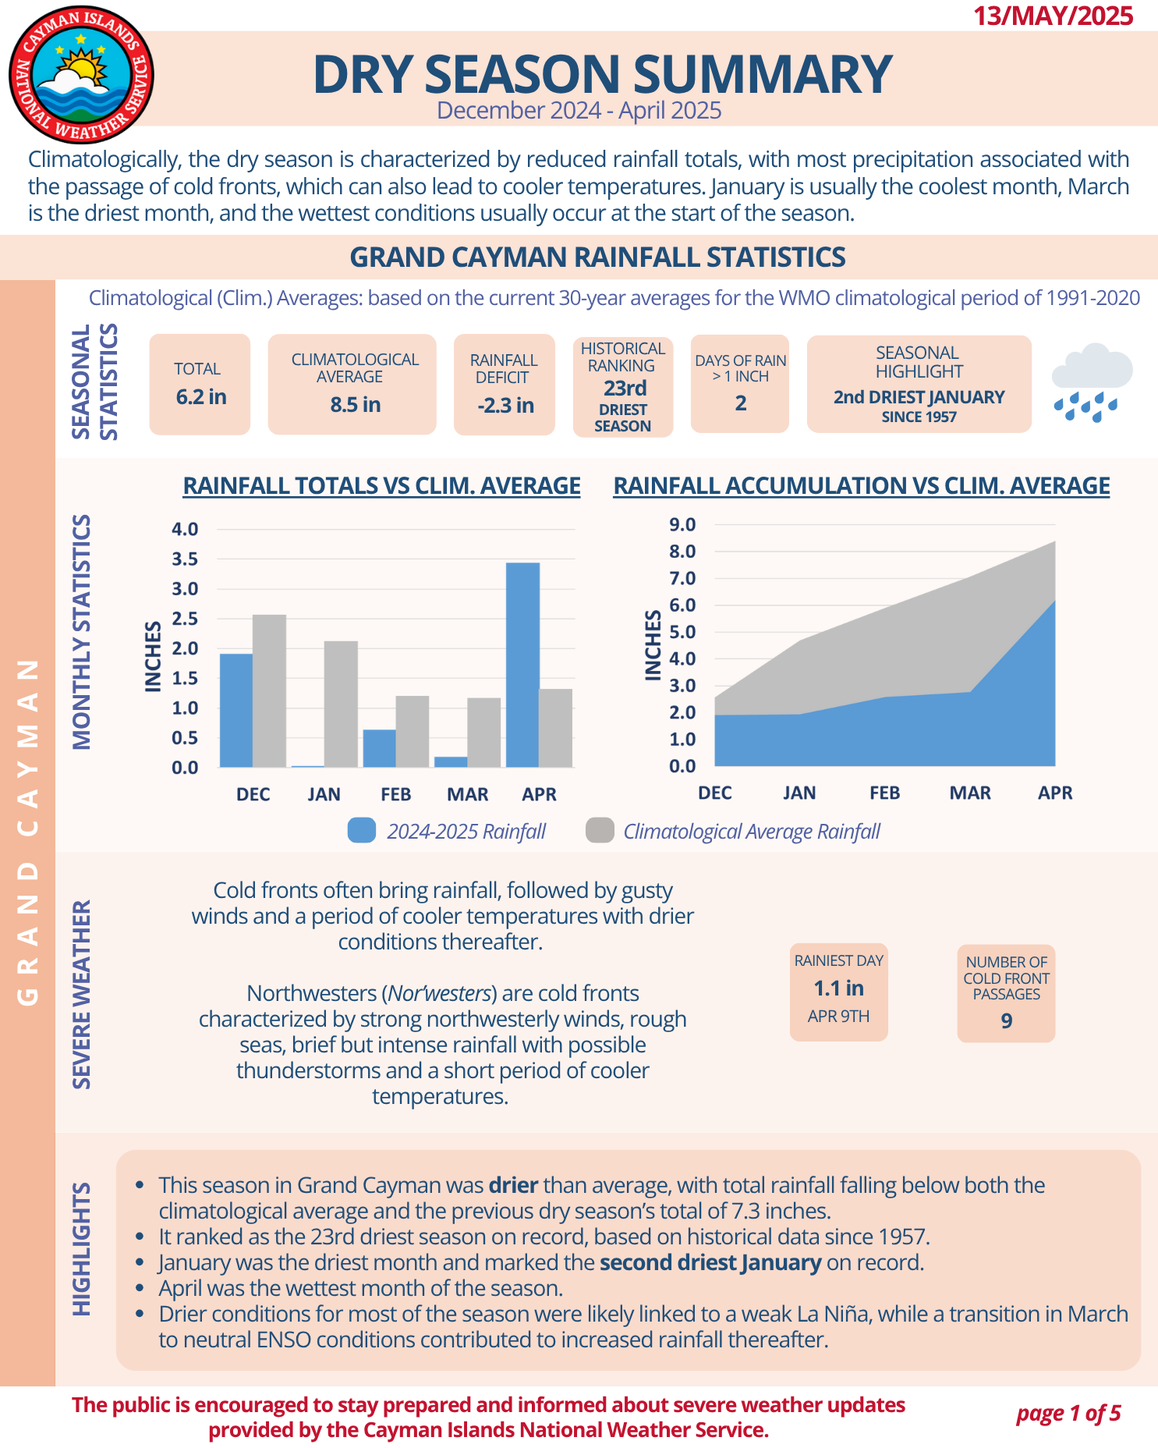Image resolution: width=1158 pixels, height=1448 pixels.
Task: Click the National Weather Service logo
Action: [x=81, y=76]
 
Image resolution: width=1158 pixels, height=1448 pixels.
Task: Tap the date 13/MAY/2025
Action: [x=1053, y=16]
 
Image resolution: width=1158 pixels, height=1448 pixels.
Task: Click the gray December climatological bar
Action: [x=269, y=690]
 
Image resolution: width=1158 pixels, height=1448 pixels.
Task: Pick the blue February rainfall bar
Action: [x=379, y=748]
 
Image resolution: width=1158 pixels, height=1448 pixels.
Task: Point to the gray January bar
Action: [x=341, y=704]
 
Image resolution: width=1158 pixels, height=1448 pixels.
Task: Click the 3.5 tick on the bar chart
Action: [x=185, y=559]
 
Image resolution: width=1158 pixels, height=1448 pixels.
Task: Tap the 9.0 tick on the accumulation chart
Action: [x=682, y=524]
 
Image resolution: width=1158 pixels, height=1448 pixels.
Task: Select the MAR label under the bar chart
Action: [x=467, y=794]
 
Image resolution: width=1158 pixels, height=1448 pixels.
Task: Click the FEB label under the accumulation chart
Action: [x=884, y=793]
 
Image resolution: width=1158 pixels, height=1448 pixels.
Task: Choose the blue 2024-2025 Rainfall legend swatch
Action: [x=362, y=831]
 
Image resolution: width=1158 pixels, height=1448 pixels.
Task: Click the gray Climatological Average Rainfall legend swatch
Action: [x=600, y=831]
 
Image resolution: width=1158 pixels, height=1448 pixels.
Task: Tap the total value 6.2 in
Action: [x=201, y=397]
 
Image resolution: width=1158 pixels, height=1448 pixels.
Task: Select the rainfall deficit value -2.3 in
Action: [x=505, y=405]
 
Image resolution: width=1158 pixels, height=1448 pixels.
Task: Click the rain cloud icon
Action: [x=1090, y=382]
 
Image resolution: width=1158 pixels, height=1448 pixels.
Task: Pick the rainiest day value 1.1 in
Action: [x=838, y=988]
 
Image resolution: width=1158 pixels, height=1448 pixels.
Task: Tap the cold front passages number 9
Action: [x=1006, y=1021]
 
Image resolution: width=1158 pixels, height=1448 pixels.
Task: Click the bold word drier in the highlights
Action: [x=513, y=1185]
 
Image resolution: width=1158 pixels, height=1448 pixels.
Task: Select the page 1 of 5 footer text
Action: [x=1068, y=1413]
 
